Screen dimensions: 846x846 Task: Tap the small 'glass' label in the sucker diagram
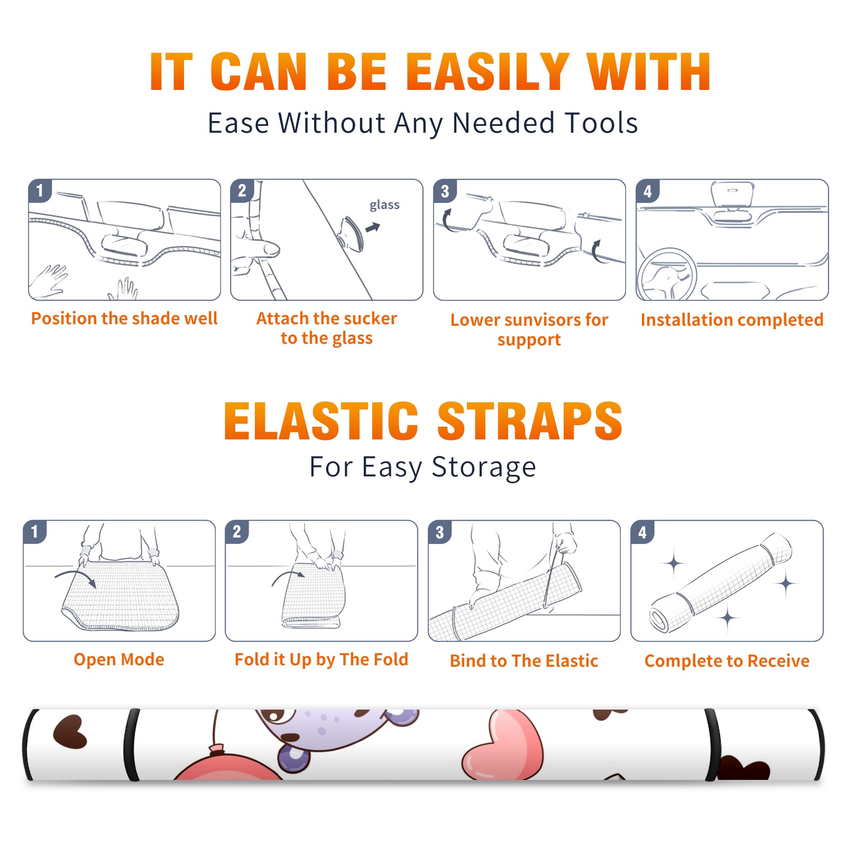384,205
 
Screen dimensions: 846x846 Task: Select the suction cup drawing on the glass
352,233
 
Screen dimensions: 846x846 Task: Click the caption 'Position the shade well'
124,318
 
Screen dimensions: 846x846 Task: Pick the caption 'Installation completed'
732,319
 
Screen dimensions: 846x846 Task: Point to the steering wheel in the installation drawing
666,275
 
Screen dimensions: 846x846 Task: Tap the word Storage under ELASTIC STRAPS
484,467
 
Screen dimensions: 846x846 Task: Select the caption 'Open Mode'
119,659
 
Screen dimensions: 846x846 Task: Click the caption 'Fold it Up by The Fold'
321,659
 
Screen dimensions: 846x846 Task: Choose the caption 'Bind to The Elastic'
524,661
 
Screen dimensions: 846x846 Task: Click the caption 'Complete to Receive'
727,661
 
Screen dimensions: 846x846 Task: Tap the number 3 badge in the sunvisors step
445,191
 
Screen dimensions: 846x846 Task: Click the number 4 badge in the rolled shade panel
642,532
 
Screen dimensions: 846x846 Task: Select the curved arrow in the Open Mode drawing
76,576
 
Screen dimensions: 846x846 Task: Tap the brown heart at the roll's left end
70,732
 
